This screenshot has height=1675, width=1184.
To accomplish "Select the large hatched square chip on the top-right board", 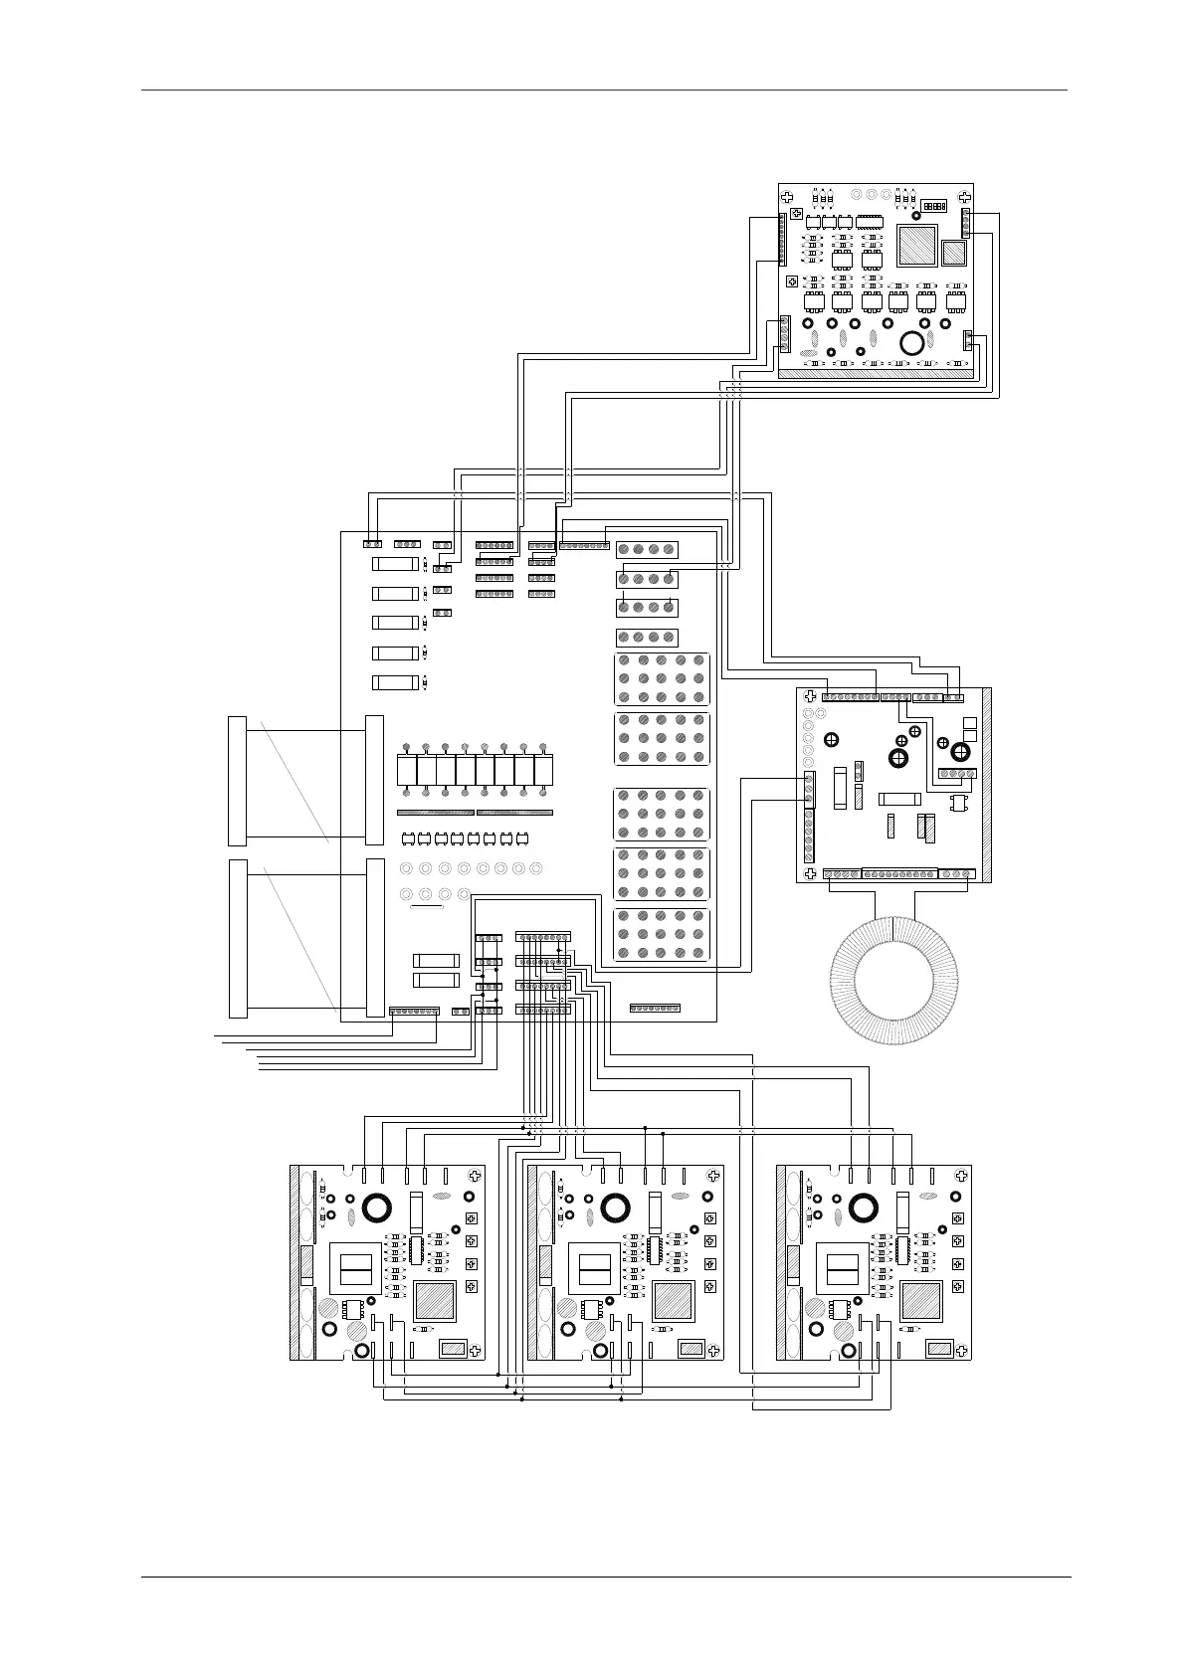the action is point(917,246).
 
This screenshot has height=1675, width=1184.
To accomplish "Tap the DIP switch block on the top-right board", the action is point(933,206).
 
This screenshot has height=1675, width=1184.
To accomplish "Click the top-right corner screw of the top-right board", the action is point(964,198).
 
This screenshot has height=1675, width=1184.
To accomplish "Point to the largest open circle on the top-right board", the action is point(911,343).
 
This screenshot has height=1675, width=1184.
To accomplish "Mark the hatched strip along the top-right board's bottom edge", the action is point(876,374).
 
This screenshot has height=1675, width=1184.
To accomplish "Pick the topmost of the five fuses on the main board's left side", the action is point(395,564).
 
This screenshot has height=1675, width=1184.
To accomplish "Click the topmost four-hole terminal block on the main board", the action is point(648,549).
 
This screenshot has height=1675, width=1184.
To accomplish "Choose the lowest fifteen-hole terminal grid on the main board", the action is point(662,936).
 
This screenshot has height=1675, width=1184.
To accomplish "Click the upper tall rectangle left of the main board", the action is point(238,781).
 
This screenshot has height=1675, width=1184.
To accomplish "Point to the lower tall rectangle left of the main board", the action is point(238,938).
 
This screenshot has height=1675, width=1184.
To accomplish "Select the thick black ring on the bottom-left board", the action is point(376,1208).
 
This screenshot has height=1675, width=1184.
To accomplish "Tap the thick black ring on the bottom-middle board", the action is point(615,1208).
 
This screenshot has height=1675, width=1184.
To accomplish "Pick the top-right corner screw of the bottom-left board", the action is point(475,1176).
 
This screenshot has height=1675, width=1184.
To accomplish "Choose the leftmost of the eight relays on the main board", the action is point(406,770).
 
